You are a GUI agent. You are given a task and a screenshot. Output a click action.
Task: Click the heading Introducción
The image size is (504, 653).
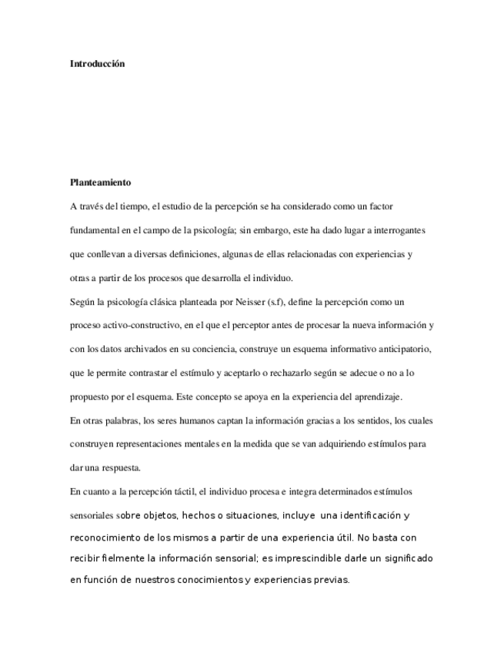click(x=97, y=64)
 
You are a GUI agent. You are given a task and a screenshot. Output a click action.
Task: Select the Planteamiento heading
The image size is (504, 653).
click(x=100, y=183)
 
